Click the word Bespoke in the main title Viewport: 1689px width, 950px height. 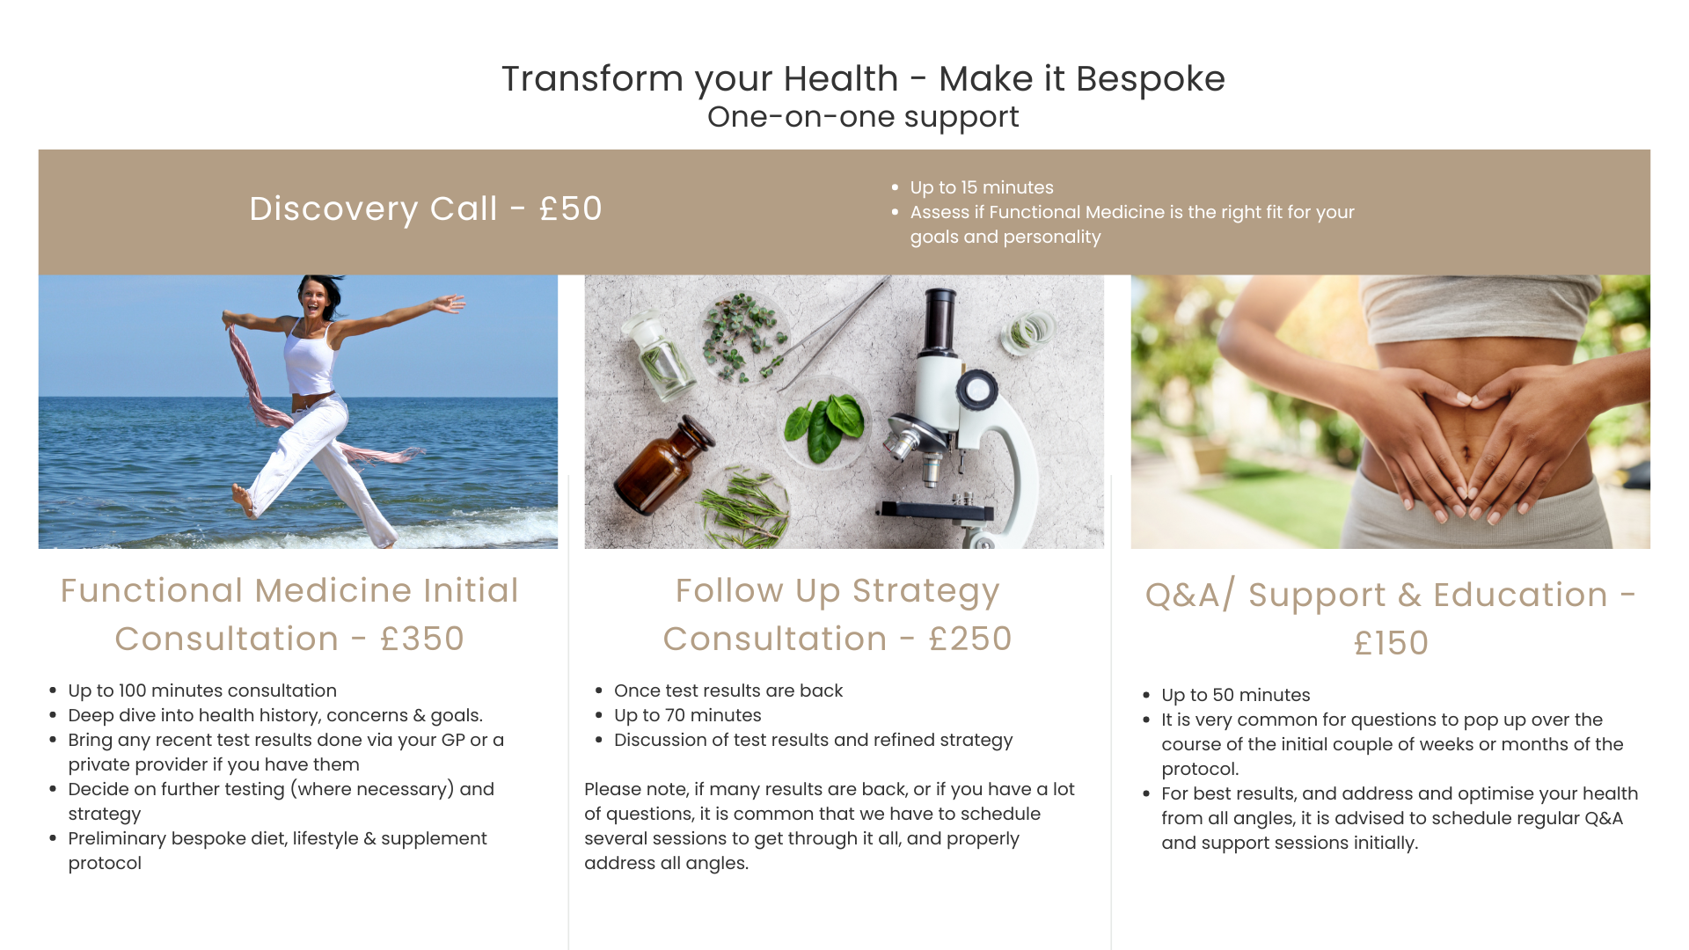pyautogui.click(x=1150, y=79)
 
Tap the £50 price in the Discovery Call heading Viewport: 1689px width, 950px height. pyautogui.click(x=571, y=208)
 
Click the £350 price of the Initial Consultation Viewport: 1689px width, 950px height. pyautogui.click(x=422, y=639)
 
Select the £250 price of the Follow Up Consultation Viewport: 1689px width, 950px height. pyautogui.click(x=970, y=639)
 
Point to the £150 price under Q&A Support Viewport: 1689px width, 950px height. pyautogui.click(x=1391, y=643)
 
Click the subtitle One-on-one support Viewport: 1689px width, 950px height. pyautogui.click(x=863, y=117)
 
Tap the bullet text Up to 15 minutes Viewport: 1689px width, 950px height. pyautogui.click(x=982, y=187)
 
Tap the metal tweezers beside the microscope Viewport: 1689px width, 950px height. pyautogui.click(x=831, y=334)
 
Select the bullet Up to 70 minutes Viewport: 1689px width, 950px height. pyautogui.click(x=688, y=715)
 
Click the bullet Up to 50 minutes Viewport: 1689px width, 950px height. pyautogui.click(x=1236, y=695)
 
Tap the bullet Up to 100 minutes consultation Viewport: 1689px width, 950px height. pyautogui.click(x=202, y=691)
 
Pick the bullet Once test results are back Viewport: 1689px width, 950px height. pyautogui.click(x=728, y=691)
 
